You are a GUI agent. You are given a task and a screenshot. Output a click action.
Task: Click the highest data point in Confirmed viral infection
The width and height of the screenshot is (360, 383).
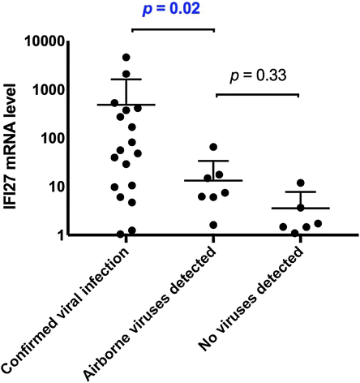[126, 58]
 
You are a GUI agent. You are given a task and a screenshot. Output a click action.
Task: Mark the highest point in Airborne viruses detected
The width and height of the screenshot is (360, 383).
[213, 147]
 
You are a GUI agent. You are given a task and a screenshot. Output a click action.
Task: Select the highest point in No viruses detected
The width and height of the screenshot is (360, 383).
[300, 183]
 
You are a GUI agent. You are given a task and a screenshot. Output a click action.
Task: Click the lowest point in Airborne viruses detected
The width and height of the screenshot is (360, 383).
[213, 225]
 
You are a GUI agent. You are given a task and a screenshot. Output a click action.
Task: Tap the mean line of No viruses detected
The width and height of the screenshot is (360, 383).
[300, 209]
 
